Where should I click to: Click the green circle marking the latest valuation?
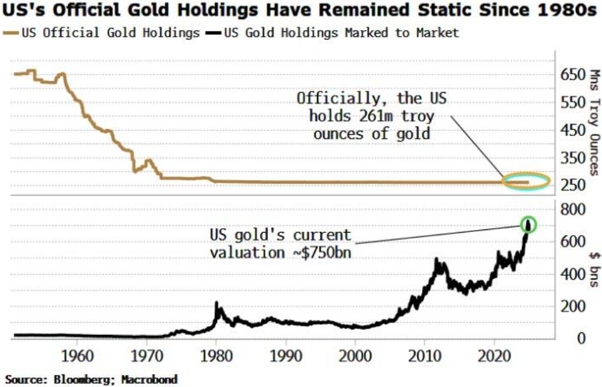coord(528,224)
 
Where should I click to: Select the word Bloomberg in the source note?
coord(81,379)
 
